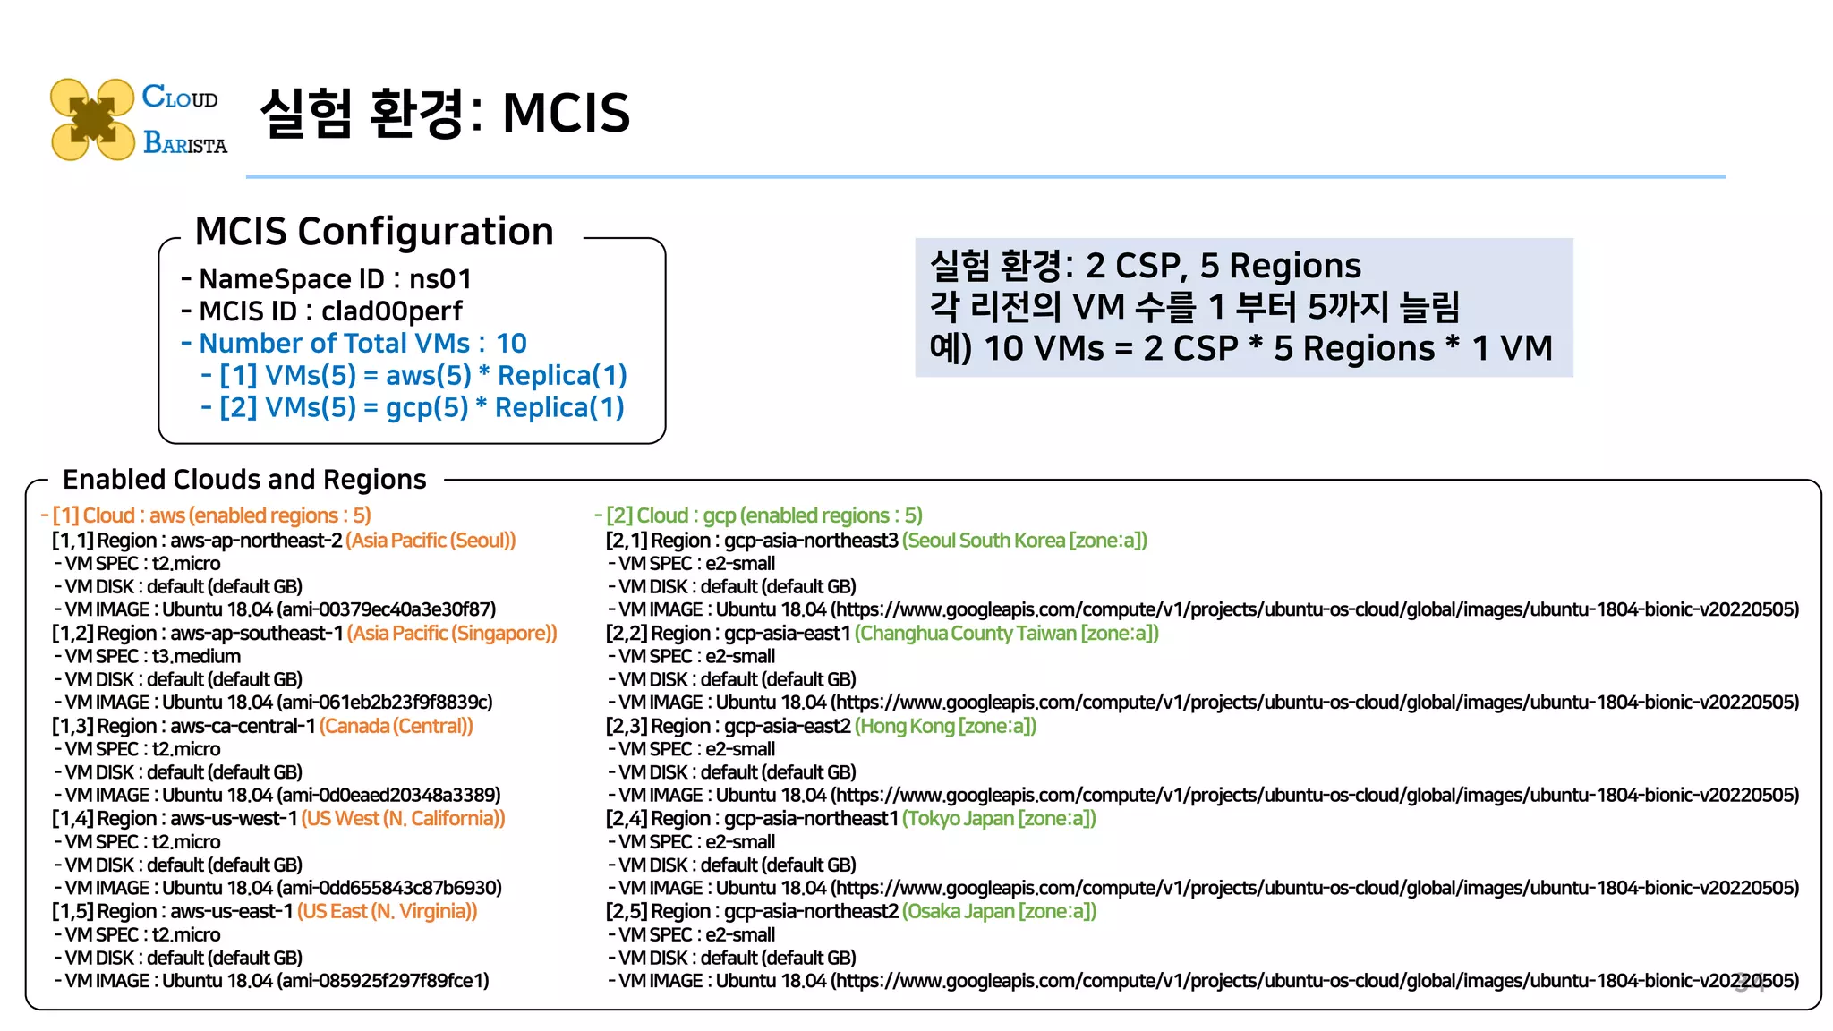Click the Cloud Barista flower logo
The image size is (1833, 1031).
point(92,119)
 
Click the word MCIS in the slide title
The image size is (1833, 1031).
point(566,114)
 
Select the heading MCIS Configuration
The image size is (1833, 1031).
point(374,232)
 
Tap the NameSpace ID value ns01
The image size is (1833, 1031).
point(439,279)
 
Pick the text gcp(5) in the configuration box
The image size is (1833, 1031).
point(427,408)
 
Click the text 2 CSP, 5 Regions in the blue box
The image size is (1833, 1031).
point(1223,266)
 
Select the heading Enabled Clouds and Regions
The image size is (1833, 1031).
point(244,480)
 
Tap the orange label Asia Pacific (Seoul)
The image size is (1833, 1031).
point(431,541)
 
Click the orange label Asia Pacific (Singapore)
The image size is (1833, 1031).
point(452,634)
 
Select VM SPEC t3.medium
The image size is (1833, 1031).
point(196,657)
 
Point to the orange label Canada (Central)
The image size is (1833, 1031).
point(396,727)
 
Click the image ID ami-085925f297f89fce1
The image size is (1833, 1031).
point(383,981)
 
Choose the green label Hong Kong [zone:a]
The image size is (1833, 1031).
point(945,727)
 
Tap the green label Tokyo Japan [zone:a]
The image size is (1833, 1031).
point(999,819)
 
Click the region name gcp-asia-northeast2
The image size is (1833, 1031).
point(811,912)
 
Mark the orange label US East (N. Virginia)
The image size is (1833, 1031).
point(387,912)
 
